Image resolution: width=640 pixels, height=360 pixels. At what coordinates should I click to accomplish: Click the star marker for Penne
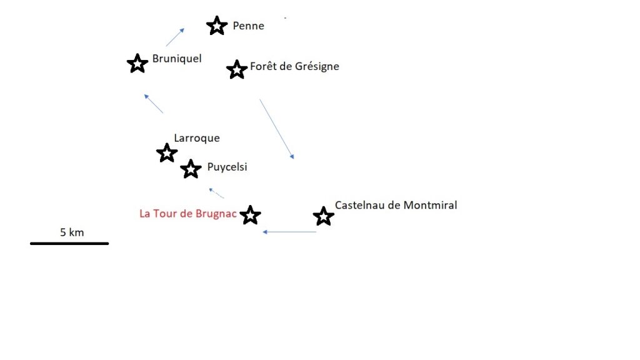[x=217, y=26]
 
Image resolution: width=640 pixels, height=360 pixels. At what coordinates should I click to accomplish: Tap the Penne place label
[x=248, y=26]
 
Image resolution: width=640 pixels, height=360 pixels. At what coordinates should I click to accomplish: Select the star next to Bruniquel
[x=137, y=64]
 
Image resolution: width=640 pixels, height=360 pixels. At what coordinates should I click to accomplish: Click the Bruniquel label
[x=177, y=59]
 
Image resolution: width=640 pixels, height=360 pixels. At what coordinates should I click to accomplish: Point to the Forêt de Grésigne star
[x=237, y=69]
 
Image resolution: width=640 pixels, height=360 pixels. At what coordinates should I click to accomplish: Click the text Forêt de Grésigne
[x=294, y=66]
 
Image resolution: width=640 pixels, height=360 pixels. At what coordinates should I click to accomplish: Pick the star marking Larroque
[x=167, y=153]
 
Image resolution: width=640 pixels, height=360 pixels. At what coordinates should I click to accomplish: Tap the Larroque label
[x=197, y=138]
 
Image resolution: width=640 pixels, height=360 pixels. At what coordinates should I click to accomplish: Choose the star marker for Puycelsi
[x=191, y=169]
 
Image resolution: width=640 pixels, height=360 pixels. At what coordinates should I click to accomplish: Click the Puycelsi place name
[x=227, y=167]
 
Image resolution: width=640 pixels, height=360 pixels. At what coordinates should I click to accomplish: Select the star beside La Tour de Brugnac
[x=250, y=215]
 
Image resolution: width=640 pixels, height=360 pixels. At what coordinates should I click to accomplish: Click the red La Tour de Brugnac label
[x=187, y=214]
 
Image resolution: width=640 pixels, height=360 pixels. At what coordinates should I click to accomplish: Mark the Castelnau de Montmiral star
[x=324, y=216]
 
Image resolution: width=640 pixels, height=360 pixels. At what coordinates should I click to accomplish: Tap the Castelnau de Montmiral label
[x=396, y=205]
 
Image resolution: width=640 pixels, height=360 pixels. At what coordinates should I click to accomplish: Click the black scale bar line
[x=69, y=244]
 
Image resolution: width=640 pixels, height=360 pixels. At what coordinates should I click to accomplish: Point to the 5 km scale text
[x=72, y=232]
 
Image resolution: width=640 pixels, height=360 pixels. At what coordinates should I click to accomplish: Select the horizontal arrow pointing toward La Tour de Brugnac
[x=289, y=232]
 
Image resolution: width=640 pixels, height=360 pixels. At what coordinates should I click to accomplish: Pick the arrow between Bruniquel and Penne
[x=175, y=37]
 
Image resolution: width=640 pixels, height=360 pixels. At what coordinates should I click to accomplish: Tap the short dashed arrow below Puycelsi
[x=216, y=193]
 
